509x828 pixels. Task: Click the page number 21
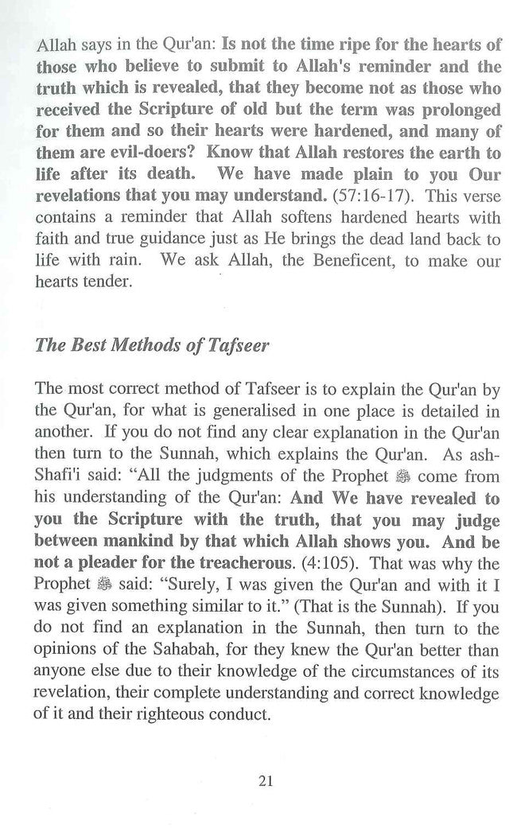[x=266, y=780]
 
